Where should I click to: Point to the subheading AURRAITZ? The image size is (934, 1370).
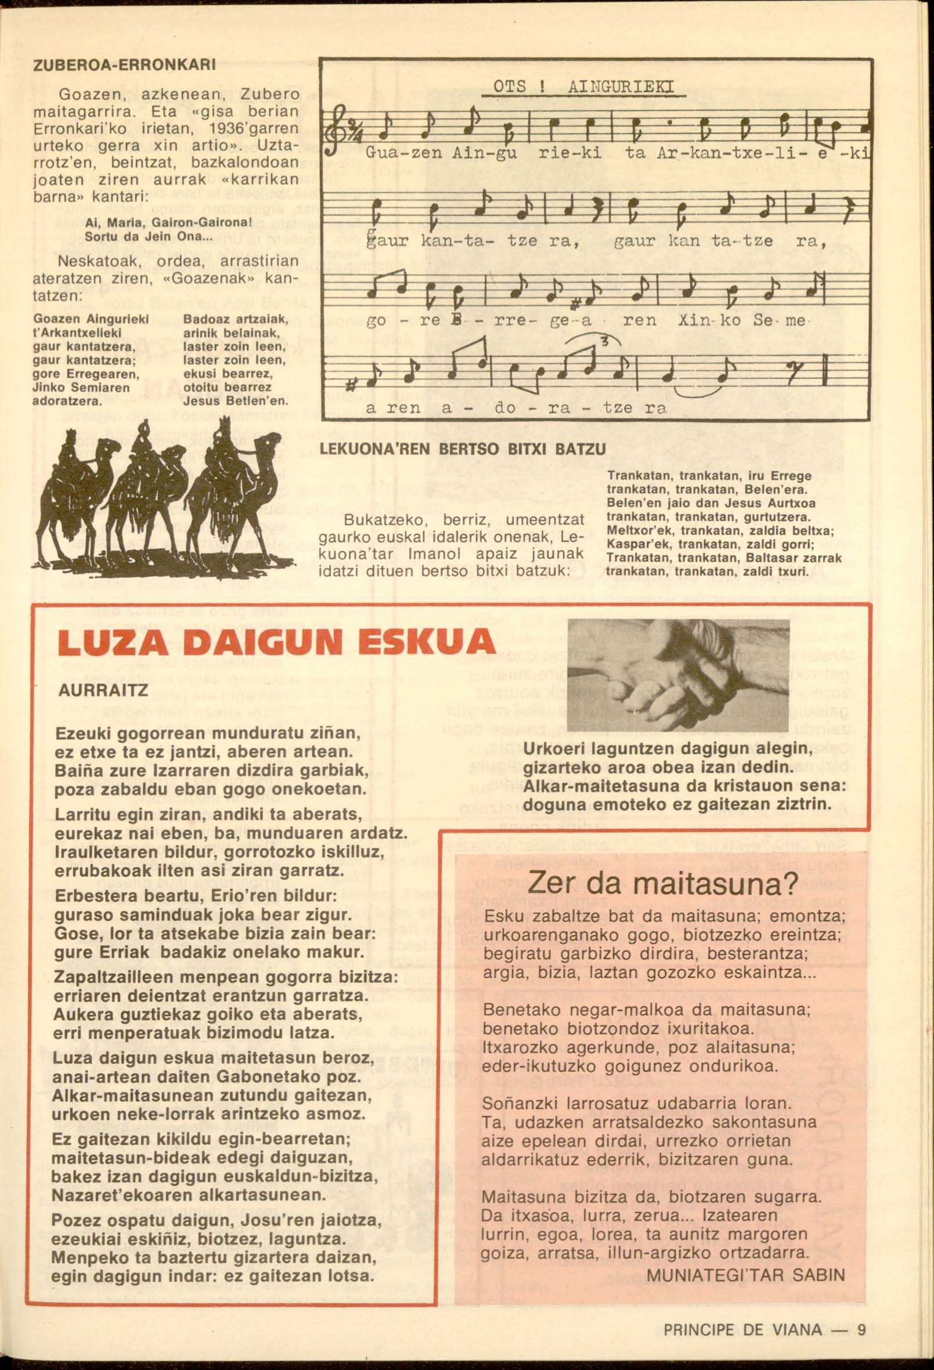[103, 691]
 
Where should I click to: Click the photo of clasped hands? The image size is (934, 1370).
[678, 675]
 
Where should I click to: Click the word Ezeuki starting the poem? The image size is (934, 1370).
[84, 733]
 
